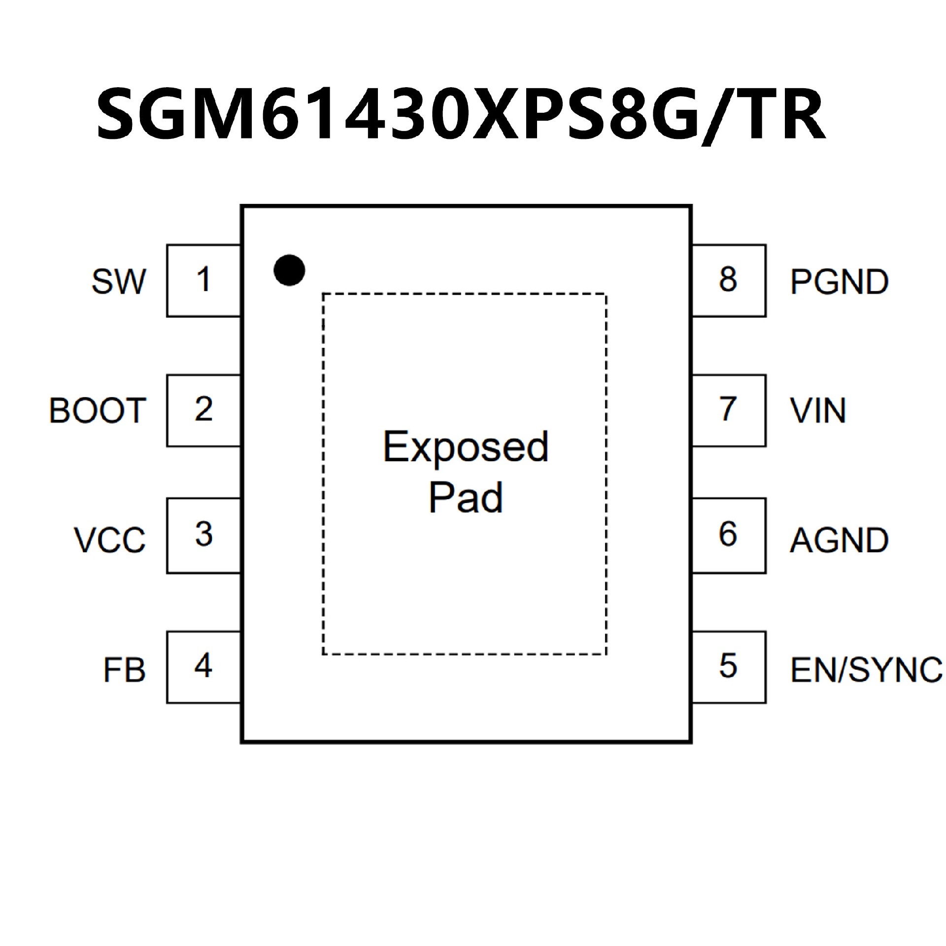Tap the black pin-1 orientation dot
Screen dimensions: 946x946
[x=289, y=270]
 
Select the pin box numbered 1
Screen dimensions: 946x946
[x=203, y=280]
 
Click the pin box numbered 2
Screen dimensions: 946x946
[x=203, y=410]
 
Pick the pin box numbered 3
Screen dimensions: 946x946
[x=203, y=536]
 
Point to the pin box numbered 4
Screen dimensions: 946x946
[x=203, y=667]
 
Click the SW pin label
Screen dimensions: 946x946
[x=119, y=282]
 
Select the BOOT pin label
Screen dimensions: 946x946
[x=97, y=410]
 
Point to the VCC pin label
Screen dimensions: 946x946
[x=110, y=540]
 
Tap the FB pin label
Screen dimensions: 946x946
[x=124, y=671]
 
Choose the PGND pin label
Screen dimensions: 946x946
[x=839, y=282]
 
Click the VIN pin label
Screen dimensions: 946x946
[x=818, y=410]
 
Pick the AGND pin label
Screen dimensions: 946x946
[x=839, y=540]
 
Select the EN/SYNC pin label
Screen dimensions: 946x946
[x=866, y=671]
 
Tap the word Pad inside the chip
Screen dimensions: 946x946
[x=465, y=498]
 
